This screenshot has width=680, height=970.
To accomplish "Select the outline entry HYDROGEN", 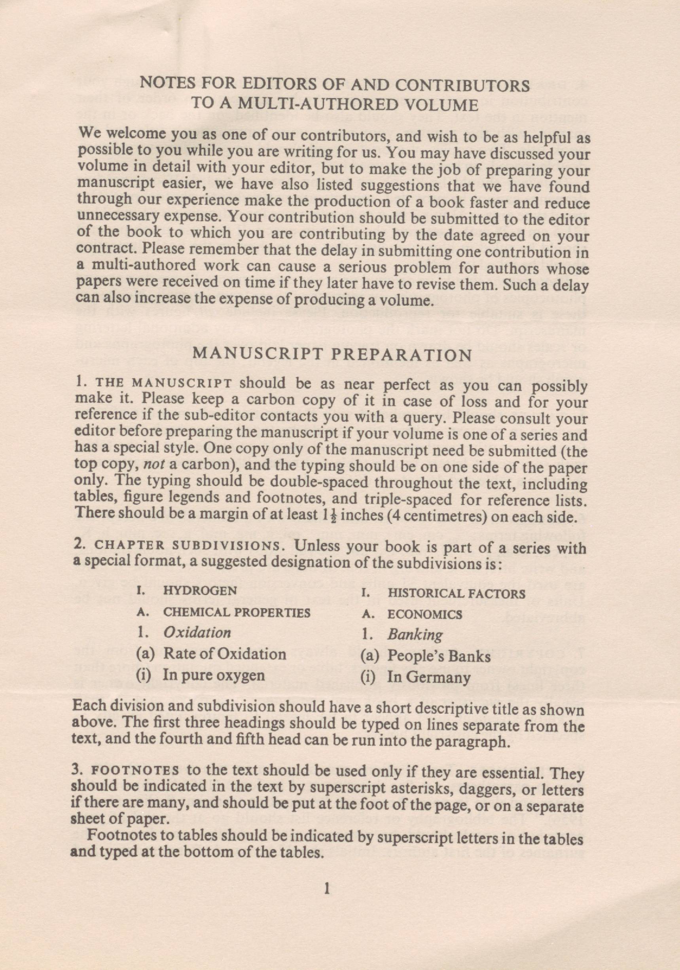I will pyautogui.click(x=200, y=591).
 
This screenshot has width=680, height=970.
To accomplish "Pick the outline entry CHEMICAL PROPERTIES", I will pyautogui.click(x=237, y=612).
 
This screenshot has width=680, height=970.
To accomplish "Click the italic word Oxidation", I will pyautogui.click(x=197, y=632).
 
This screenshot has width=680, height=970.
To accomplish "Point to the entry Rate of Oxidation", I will pyautogui.click(x=224, y=654).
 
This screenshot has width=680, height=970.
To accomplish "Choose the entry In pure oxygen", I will pyautogui.click(x=214, y=675).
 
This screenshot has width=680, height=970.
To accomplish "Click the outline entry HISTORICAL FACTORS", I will pyautogui.click(x=456, y=594).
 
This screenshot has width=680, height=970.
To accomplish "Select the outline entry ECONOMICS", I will pyautogui.click(x=425, y=615).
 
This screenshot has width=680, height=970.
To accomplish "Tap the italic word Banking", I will pyautogui.click(x=415, y=635).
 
